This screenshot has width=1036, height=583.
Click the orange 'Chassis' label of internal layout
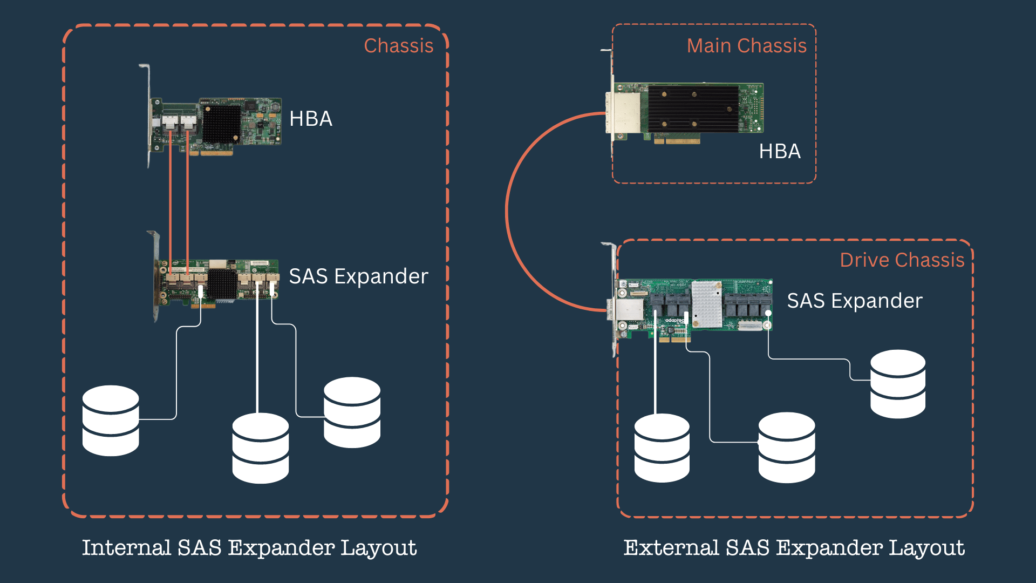point(398,46)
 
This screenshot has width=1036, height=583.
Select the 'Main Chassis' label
point(746,46)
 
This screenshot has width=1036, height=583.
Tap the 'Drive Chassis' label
point(902,260)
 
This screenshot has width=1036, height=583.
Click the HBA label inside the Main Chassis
point(779,151)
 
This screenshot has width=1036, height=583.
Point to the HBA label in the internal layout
point(310,119)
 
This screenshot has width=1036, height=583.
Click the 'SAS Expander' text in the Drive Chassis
point(854,301)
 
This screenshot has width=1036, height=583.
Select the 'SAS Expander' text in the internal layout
point(358,276)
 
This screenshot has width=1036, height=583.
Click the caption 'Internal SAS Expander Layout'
point(249,547)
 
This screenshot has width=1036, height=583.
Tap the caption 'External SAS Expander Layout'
point(794,547)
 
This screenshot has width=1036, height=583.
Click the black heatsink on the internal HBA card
point(221,124)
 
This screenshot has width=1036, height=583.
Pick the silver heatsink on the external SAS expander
point(706,304)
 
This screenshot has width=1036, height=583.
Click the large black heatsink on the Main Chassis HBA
point(693,109)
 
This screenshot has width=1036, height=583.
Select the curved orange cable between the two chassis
point(507,211)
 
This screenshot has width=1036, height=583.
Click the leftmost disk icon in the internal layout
point(111,421)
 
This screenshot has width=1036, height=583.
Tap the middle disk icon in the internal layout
point(260,448)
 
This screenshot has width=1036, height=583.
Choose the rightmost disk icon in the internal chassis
point(352,412)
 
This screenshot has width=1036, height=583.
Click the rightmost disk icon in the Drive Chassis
point(897,384)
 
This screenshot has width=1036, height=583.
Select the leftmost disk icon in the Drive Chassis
point(662,448)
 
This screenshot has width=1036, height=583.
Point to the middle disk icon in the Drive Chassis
point(786,448)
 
